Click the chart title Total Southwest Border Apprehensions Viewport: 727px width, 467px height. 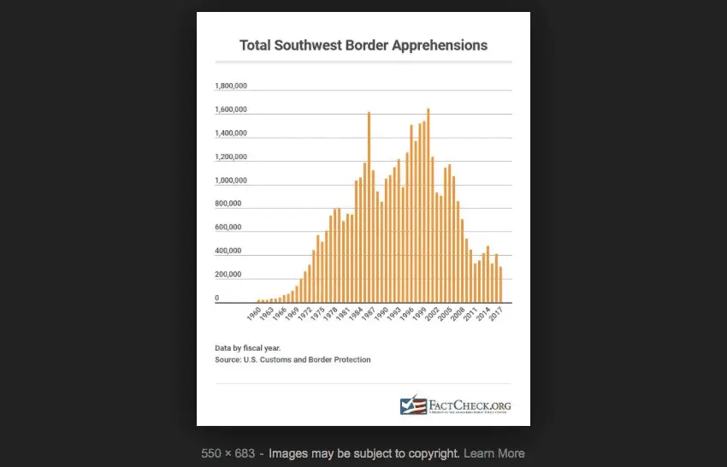(x=363, y=44)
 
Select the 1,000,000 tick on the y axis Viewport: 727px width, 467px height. (x=231, y=180)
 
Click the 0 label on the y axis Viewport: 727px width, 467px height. (x=217, y=298)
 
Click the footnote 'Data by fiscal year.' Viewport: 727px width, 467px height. (x=248, y=348)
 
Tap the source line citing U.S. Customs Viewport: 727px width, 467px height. (x=293, y=360)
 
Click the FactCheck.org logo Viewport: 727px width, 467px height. (x=455, y=405)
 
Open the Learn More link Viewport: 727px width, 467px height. (x=494, y=453)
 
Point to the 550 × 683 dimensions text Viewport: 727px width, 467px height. (x=228, y=453)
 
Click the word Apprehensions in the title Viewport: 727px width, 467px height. (x=440, y=44)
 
